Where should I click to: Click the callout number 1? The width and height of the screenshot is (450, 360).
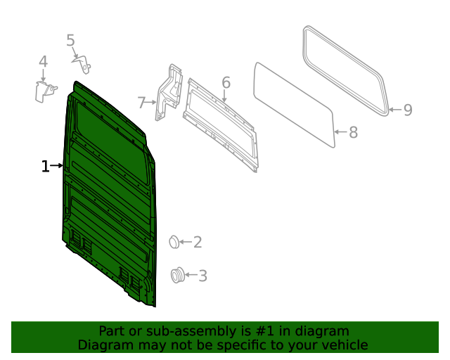coord(45,167)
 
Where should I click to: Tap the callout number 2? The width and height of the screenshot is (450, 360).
coord(198,243)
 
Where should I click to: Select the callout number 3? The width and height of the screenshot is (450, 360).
coord(202,276)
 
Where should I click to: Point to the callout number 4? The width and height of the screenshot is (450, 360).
coord(43,62)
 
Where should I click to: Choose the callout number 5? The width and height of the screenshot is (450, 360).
coord(70,41)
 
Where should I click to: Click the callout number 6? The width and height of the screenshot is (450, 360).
coord(226,83)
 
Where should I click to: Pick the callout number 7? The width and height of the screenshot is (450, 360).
coord(141,103)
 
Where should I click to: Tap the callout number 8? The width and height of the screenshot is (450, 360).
coord(353,132)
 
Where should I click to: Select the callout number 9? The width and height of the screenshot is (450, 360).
coord(407,110)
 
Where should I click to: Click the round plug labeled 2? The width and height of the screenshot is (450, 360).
coord(174,243)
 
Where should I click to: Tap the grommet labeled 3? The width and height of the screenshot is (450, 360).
coord(178,276)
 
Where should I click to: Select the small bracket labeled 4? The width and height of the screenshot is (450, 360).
coord(45,91)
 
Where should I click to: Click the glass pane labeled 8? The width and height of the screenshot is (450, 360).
coord(294,103)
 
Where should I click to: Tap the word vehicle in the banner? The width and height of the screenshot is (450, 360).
coord(344,345)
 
